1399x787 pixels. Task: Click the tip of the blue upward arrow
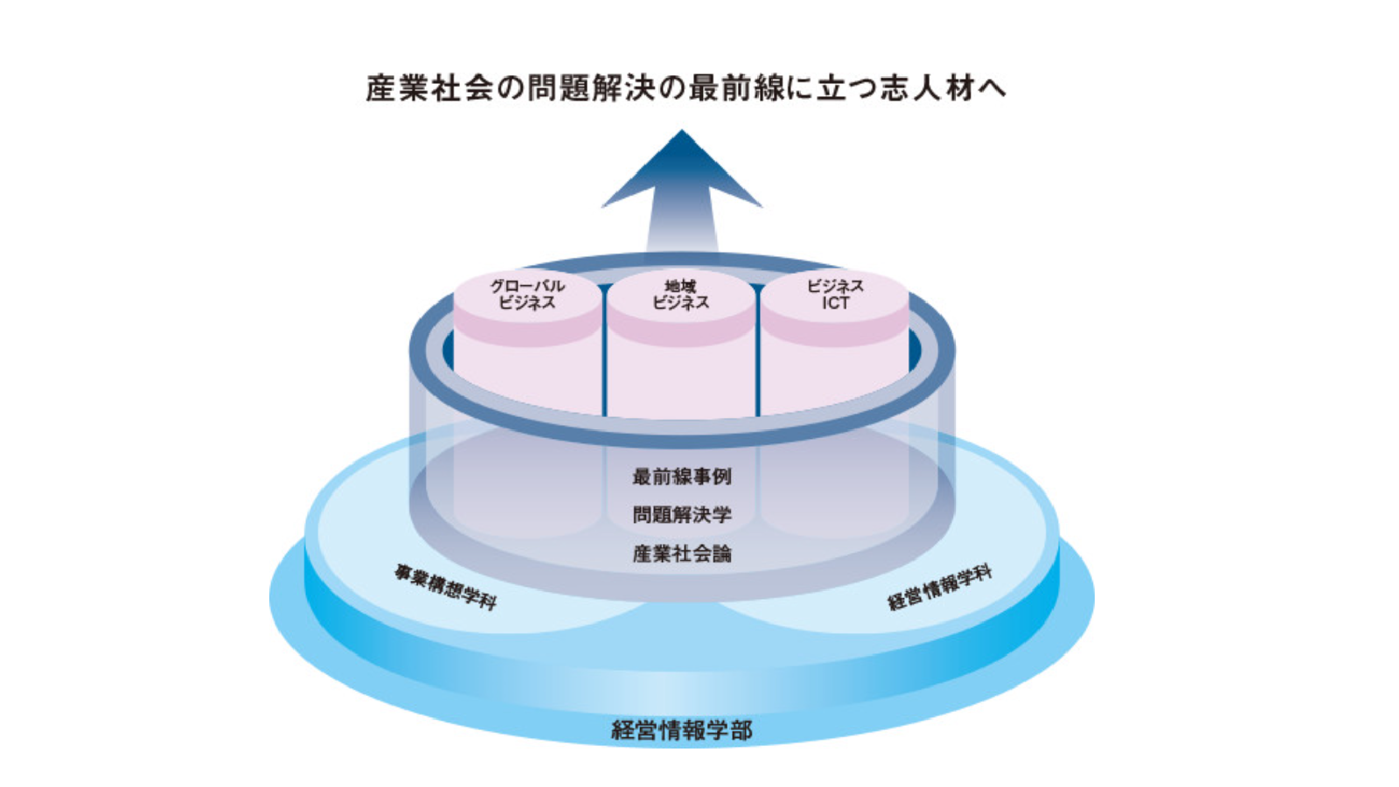682,133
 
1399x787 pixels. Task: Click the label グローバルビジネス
527,295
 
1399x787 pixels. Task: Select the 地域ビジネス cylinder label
681,295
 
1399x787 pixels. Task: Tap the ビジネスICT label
835,295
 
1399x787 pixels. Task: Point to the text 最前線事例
682,477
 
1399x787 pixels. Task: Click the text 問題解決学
682,515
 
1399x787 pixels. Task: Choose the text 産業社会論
682,554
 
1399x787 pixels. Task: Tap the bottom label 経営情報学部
682,730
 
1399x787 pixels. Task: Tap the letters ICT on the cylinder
835,303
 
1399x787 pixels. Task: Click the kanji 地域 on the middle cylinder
681,286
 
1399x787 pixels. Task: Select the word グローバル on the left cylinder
527,286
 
